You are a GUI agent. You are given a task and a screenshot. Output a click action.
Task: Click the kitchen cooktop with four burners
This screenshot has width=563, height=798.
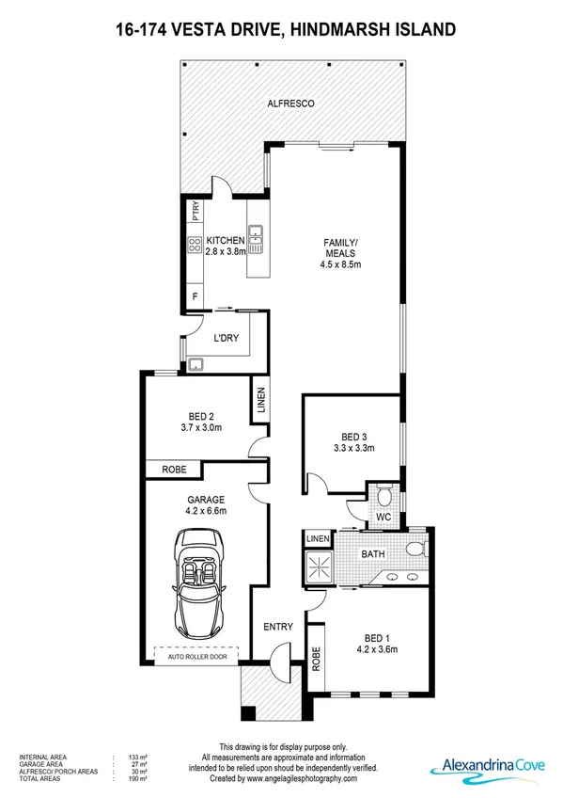[x=195, y=247]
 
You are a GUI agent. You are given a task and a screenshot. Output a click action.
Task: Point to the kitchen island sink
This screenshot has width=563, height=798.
[x=255, y=231]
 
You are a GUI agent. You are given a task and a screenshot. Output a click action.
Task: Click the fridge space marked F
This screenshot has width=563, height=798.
[x=195, y=295]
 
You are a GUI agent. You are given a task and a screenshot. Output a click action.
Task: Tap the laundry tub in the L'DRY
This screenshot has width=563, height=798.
[x=196, y=365]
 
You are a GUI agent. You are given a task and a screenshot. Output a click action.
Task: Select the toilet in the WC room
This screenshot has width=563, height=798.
[x=383, y=495]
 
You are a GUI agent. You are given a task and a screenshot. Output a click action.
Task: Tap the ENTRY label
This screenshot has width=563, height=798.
[x=279, y=627]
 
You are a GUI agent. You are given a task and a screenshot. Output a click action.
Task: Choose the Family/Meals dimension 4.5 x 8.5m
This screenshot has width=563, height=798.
[x=341, y=265]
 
